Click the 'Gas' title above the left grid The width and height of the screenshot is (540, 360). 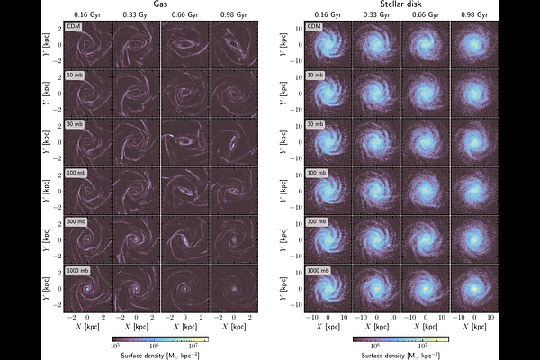(159, 5)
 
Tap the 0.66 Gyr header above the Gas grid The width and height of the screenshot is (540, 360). (184, 15)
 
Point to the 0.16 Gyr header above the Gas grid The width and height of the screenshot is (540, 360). (87, 15)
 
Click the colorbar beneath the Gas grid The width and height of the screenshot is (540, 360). (159, 340)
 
